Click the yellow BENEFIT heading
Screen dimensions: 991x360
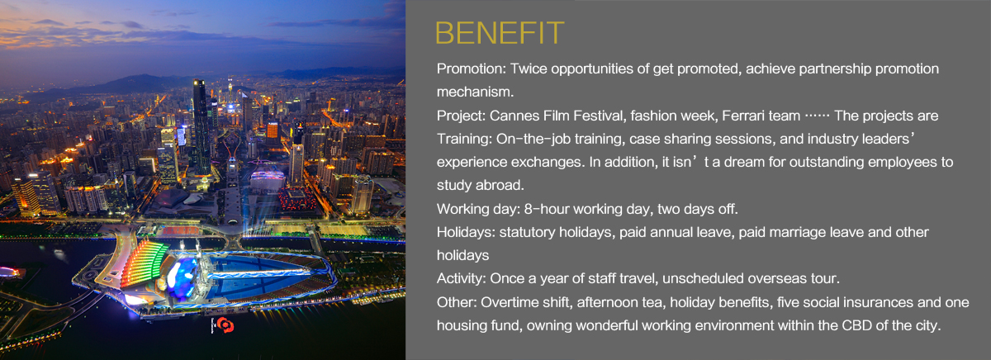(500, 33)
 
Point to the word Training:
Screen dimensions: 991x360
(464, 140)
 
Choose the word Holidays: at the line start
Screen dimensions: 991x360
(466, 232)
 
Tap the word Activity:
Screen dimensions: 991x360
(462, 278)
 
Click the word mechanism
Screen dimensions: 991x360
(475, 92)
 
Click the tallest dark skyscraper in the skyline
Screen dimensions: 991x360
(202, 126)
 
